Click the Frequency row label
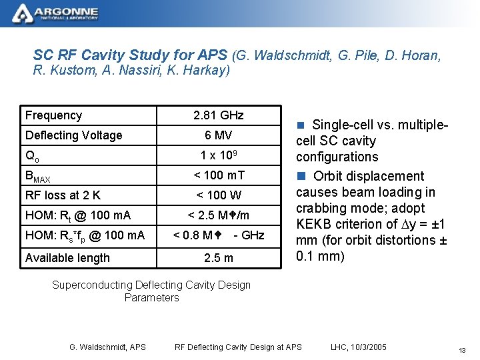53,115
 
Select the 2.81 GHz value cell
218,115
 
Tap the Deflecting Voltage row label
73,135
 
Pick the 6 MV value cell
218,135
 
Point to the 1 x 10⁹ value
218,155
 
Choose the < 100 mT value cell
218,175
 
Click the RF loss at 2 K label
63,195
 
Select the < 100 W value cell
218,195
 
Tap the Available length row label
67,258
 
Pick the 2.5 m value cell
218,258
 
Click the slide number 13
461,351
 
